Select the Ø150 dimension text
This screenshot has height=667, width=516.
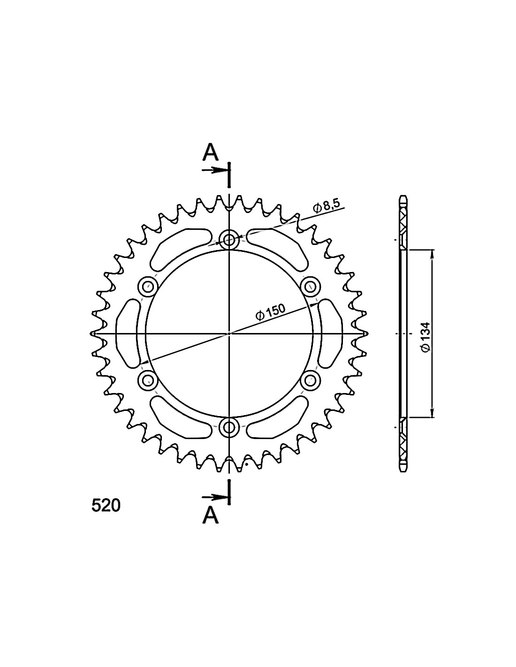(x=271, y=312)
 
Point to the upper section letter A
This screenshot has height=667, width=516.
(x=211, y=152)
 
